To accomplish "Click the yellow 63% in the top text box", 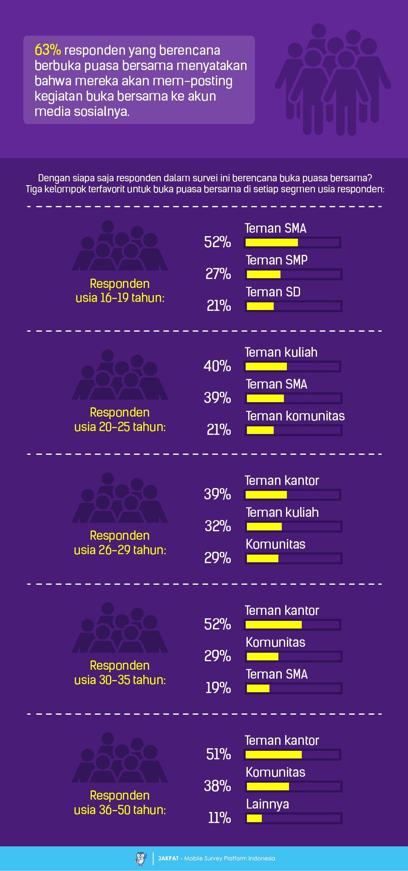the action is [48, 50].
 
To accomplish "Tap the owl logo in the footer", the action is [141, 858].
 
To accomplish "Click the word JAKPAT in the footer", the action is [168, 858].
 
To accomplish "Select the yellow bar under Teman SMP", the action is [263, 274].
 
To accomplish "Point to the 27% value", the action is [218, 274].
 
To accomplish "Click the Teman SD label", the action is [273, 292].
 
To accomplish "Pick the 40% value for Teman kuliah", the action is [217, 366].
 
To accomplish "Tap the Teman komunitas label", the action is [295, 416].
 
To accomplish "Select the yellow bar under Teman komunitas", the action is [260, 430].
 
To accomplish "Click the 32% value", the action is [218, 526].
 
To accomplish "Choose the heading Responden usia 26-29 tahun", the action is [120, 543].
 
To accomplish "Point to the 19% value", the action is [218, 688].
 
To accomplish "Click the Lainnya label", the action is [267, 804].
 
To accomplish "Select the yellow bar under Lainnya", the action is [254, 818].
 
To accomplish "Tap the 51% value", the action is [218, 754].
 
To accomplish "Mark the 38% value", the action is [218, 786].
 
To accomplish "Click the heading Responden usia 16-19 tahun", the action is [120, 291].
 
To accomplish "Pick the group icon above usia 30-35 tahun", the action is [120, 628].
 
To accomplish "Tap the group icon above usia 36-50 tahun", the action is [120, 758].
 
